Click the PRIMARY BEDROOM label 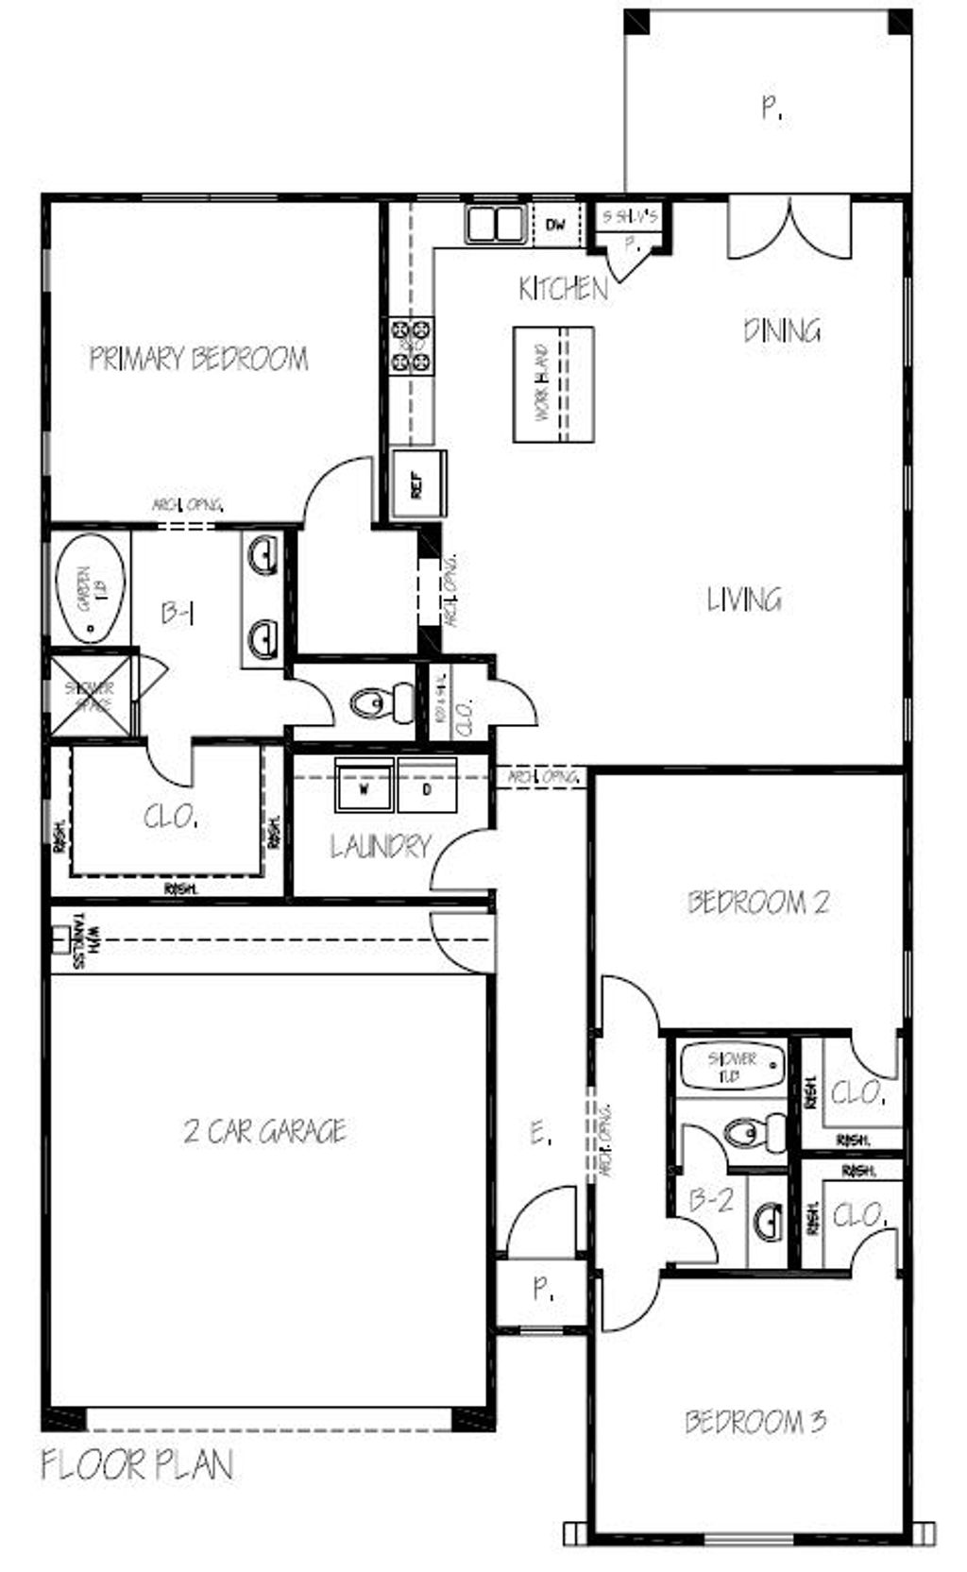[198, 359]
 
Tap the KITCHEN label [564, 289]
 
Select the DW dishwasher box [556, 225]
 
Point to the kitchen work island [553, 384]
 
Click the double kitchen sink [496, 224]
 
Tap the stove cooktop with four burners [412, 347]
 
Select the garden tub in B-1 [90, 589]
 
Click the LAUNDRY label [381, 847]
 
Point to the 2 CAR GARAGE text [265, 1130]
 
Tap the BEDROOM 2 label [758, 903]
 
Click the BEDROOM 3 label [755, 1421]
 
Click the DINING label [782, 330]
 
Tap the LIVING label [744, 600]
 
